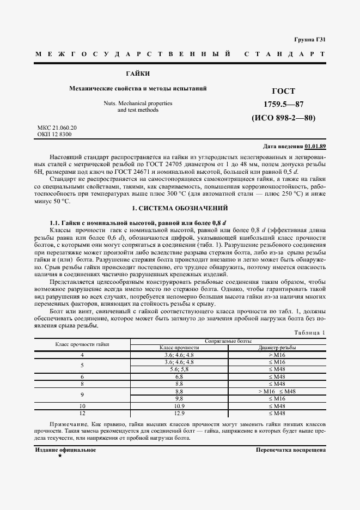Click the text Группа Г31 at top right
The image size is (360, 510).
pos(309,40)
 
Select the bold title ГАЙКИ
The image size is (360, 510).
pos(137,74)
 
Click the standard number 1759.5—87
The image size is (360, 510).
pos(283,104)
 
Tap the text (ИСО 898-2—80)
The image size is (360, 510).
pos(283,117)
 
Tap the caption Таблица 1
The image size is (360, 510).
pos(309,332)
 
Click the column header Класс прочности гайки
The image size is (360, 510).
pos(82,344)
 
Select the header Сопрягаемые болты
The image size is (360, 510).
pos(228,341)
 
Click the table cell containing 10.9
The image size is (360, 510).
pos(179,406)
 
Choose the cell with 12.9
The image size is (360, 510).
pos(179,414)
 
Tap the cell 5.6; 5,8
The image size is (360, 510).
pos(179,369)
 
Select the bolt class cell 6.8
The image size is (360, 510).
pos(179,377)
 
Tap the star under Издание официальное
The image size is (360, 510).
pos(60,456)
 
